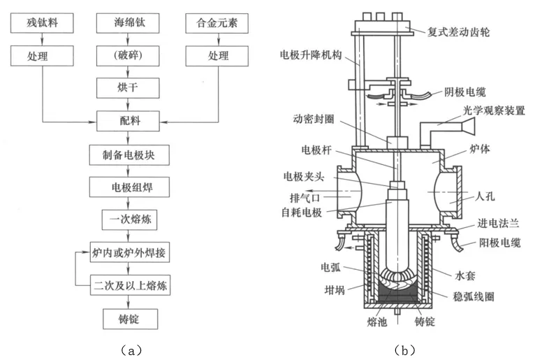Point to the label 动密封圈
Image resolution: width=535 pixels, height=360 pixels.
[x=311, y=127]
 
